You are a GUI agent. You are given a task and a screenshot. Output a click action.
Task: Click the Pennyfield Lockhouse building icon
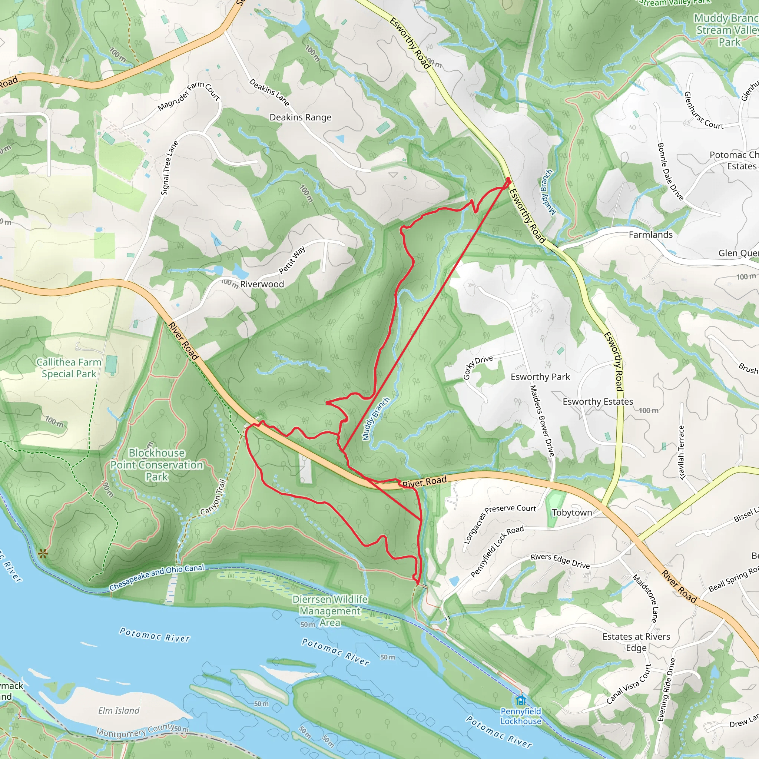pos(521,700)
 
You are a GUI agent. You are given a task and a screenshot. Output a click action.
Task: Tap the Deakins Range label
pos(300,117)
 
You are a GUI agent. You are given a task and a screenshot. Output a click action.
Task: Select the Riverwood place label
pos(262,284)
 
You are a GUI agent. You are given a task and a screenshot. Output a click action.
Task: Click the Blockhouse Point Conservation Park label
pos(157,465)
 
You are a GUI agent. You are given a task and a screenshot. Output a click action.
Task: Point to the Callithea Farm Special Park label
pos(69,368)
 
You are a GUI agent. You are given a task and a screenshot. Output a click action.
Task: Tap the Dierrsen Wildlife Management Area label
pos(330,611)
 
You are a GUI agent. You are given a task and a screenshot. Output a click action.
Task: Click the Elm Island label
pos(119,710)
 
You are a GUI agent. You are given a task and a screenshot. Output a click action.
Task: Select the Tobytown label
pos(571,513)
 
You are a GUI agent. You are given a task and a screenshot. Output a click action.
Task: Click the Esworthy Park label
pos(540,377)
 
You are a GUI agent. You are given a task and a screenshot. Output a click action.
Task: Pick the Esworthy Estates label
pos(597,401)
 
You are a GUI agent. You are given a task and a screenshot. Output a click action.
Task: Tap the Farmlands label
pos(650,235)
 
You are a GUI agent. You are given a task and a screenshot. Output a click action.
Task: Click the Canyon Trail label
pos(213,497)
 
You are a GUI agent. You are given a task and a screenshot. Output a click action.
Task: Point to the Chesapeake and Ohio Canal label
pos(156,577)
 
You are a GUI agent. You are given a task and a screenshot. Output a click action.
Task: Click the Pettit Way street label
pos(292,260)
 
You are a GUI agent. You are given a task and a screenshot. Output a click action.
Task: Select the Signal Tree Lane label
pos(169,168)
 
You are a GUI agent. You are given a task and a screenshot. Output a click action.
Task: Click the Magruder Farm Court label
pos(189,96)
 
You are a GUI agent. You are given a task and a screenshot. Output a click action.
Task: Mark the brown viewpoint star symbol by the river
pos(43,554)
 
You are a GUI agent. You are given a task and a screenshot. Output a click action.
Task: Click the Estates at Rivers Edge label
pos(636,642)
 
